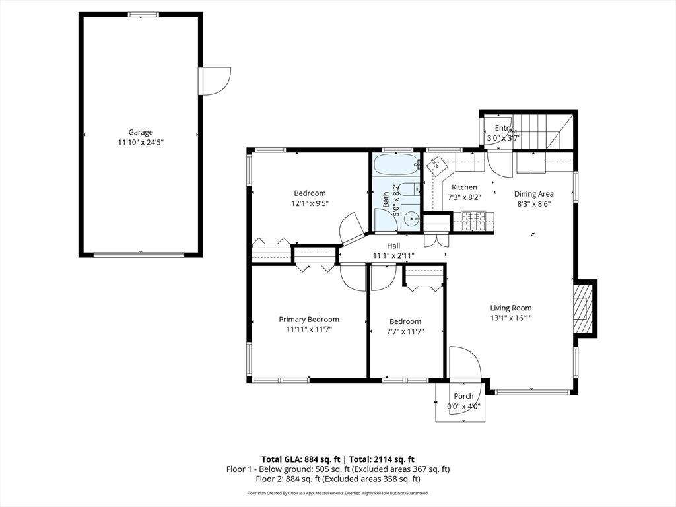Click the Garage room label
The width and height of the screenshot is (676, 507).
[141, 132]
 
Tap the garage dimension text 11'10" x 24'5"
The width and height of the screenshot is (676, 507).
[141, 143]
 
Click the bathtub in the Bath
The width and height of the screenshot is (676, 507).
[397, 164]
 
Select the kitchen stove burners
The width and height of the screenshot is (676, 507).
[473, 220]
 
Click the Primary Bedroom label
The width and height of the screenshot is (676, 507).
[309, 320]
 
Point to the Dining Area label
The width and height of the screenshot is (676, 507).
[533, 194]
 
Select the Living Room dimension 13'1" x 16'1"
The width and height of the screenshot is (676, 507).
[511, 318]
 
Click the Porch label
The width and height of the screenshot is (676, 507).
[463, 396]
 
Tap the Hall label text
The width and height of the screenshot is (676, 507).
[393, 246]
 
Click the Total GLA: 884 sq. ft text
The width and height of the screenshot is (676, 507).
[301, 459]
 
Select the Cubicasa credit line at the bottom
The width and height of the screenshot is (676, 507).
[338, 492]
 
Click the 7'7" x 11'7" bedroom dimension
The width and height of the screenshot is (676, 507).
[405, 331]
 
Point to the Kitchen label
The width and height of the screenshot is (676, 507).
[464, 187]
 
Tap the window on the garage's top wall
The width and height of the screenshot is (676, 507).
[143, 15]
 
